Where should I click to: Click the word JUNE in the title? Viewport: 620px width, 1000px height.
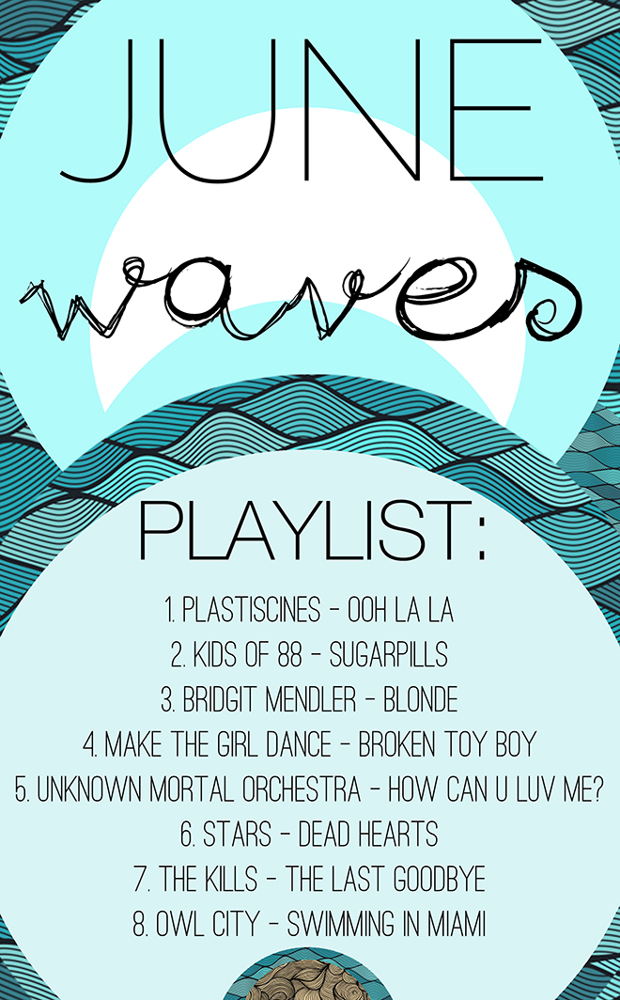(x=302, y=110)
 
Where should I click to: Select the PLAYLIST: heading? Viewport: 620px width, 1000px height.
(x=312, y=531)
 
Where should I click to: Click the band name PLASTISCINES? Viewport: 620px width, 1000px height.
(x=251, y=610)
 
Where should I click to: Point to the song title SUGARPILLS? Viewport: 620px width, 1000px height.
(x=389, y=655)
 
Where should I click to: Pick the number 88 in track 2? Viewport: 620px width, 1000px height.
(x=288, y=655)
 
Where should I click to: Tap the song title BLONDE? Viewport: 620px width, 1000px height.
(x=421, y=699)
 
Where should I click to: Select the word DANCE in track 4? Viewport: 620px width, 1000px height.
(x=300, y=744)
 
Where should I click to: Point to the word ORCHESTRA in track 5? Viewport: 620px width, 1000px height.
(x=303, y=789)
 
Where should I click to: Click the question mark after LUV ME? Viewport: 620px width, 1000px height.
(x=597, y=789)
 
